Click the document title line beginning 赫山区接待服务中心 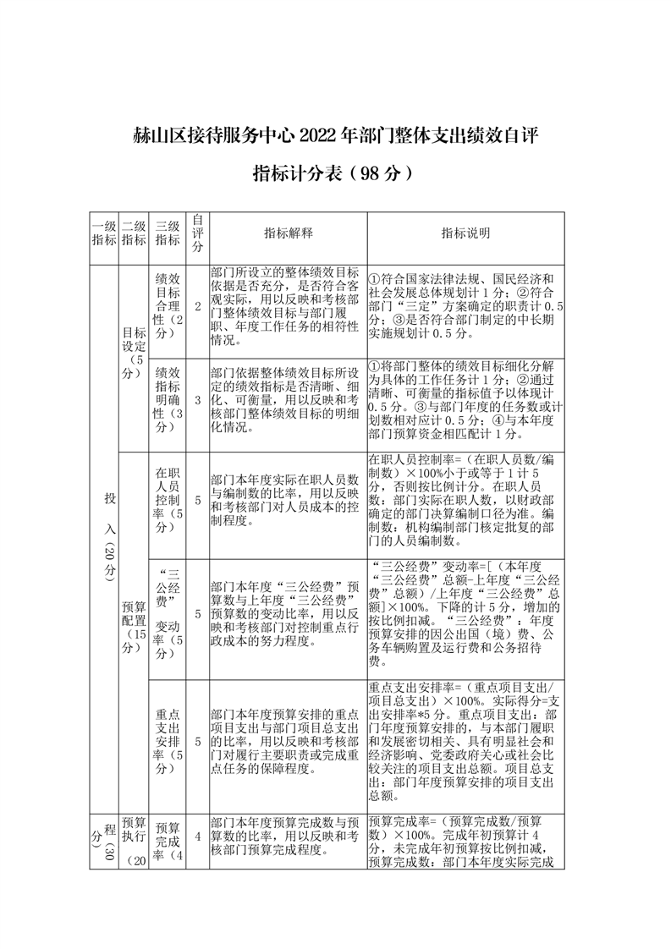tap(335, 134)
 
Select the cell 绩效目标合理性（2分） tap(168, 306)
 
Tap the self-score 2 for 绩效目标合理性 tap(197, 306)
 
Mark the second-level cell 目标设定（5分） tap(134, 353)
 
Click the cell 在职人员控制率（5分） tap(168, 500)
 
